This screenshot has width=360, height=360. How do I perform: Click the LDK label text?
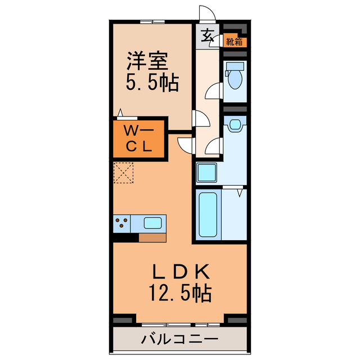(181, 272)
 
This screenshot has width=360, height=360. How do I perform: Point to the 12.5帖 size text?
(180, 294)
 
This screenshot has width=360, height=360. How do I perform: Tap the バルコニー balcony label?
(179, 339)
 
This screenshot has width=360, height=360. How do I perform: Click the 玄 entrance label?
(207, 35)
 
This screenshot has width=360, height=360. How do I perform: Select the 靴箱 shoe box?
(235, 41)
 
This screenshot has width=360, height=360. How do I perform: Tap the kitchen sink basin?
(153, 223)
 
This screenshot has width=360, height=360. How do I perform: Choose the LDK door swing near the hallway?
(184, 145)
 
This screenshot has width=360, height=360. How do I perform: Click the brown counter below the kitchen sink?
(152, 237)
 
